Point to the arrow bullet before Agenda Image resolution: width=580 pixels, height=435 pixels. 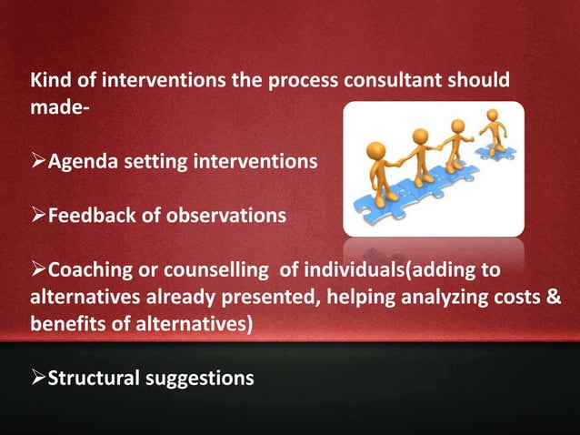click(39, 162)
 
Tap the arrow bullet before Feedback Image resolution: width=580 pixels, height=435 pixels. click(39, 216)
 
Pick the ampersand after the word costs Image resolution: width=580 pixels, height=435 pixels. click(553, 297)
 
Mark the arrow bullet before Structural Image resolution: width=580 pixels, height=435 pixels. click(39, 378)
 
